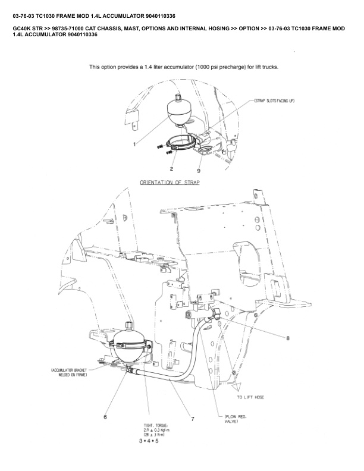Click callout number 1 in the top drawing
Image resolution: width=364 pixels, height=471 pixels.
point(134,143)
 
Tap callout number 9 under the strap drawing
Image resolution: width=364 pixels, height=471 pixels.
point(199,171)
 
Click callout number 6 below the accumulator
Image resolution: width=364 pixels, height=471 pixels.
point(105,417)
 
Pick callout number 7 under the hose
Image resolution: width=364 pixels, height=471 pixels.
point(193,419)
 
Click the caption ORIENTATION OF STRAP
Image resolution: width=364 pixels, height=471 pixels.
point(170,183)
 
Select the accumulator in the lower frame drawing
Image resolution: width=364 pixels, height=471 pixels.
point(130,344)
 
